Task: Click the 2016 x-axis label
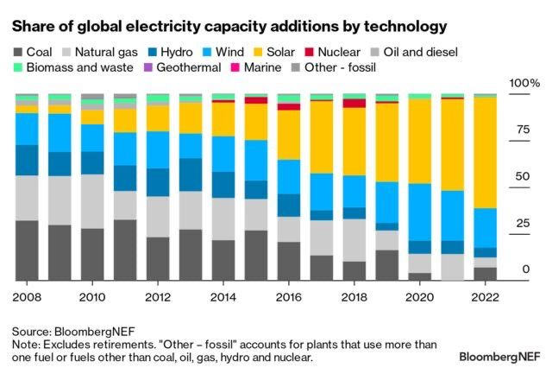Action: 288,296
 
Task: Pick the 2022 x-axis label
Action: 485,296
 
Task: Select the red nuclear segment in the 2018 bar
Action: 354,104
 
